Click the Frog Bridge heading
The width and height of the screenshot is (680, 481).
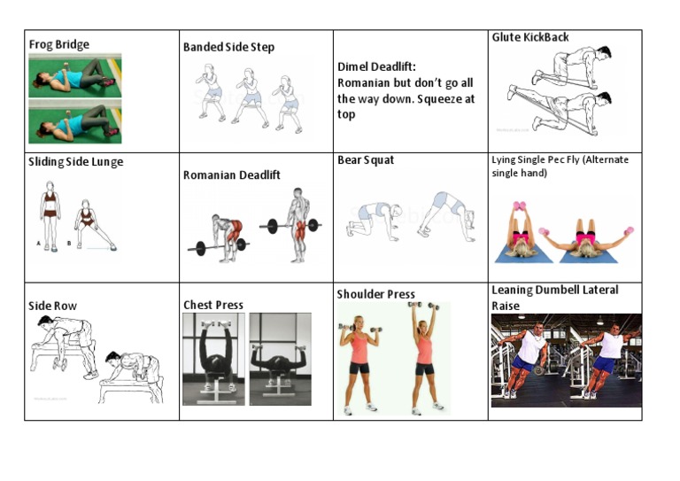click(x=58, y=44)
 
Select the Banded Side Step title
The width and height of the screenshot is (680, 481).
click(x=228, y=47)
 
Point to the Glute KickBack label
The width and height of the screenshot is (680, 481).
click(x=530, y=37)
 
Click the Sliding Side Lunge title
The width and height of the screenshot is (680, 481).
click(x=75, y=162)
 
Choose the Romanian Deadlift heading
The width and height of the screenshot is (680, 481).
click(x=231, y=175)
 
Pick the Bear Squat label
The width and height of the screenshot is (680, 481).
click(x=366, y=160)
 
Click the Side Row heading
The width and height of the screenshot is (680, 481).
click(x=52, y=306)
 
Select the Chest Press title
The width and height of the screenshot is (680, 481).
click(x=212, y=305)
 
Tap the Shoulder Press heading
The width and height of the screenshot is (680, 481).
click(x=375, y=294)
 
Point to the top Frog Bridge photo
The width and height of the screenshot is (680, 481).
click(x=74, y=75)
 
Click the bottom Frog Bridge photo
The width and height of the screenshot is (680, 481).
click(x=74, y=120)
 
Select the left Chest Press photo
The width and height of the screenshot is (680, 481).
click(x=213, y=359)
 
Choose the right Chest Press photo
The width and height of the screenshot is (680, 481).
click(x=280, y=359)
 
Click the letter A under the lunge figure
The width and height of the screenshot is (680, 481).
click(x=38, y=243)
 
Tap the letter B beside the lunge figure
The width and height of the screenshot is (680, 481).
click(x=70, y=243)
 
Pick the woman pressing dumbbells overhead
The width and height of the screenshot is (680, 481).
click(x=424, y=359)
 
